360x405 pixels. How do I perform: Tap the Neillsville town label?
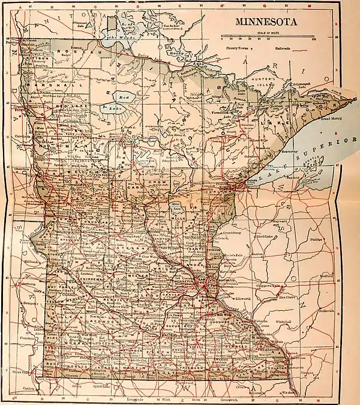tap(344, 311)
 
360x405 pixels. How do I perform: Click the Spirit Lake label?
tap(101, 386)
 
